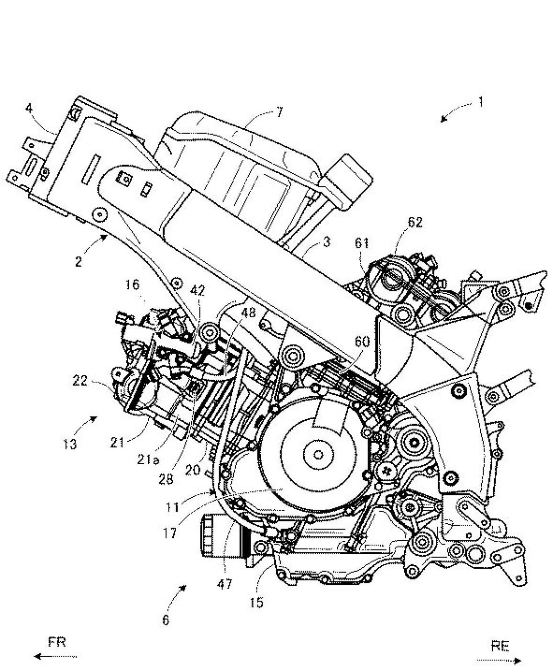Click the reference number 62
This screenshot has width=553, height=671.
pos(414,223)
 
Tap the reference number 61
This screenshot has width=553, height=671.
pos(362,243)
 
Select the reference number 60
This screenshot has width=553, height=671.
pos(362,342)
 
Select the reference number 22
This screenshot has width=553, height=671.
pos(80,381)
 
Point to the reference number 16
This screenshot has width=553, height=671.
pos(133,285)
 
